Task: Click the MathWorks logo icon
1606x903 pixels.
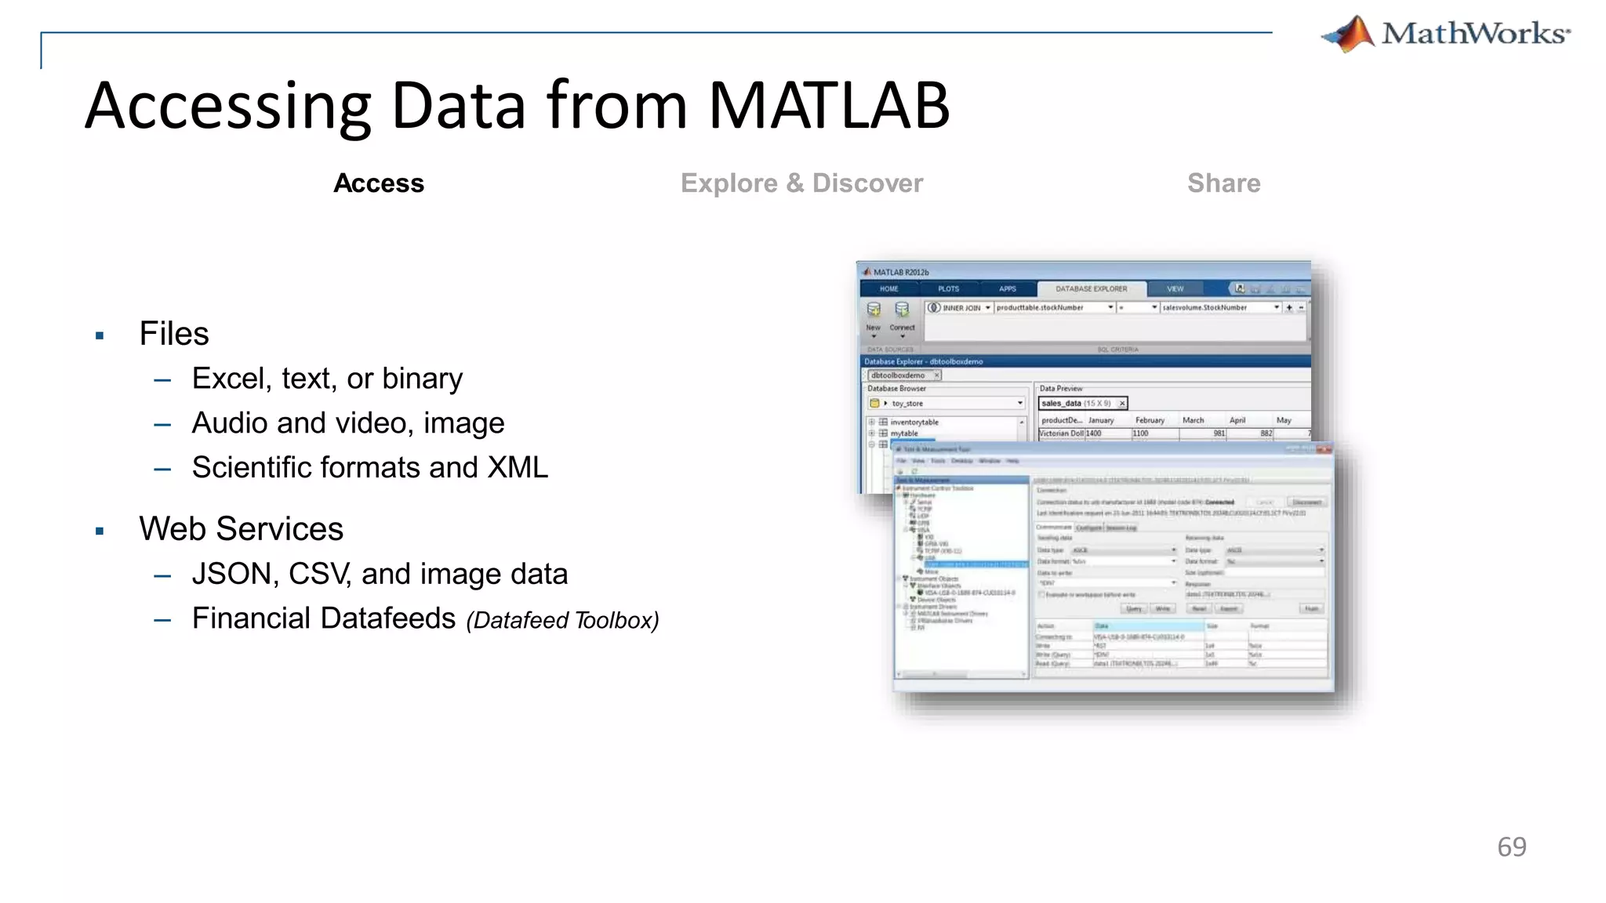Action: (1350, 34)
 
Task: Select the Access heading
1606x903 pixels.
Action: (379, 183)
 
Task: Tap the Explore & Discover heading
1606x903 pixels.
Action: (801, 183)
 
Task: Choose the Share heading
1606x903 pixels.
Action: (1223, 183)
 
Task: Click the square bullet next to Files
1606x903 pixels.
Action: (100, 336)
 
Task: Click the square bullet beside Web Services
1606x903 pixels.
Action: (100, 531)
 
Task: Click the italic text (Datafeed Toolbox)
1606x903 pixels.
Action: (562, 621)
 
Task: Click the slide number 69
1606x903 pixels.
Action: (1511, 847)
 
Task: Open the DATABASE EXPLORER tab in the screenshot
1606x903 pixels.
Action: (1091, 289)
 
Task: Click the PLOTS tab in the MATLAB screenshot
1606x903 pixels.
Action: (948, 289)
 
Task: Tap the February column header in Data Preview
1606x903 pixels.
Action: (1150, 421)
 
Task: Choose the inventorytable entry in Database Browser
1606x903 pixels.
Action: (914, 422)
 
